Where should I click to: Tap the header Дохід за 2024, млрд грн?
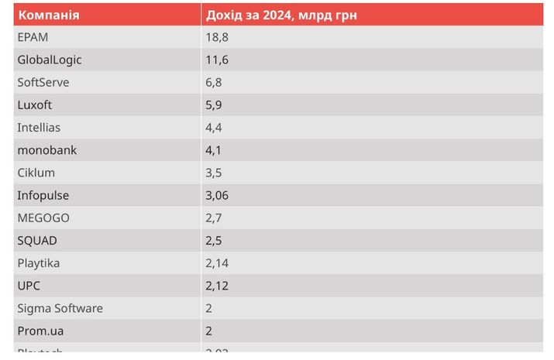tap(280, 15)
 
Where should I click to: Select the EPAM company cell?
tap(32, 37)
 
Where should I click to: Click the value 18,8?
tap(217, 37)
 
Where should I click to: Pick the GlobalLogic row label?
tap(50, 60)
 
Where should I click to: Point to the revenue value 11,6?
tap(217, 60)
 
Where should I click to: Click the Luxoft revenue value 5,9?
tap(214, 105)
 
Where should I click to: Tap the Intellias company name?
tap(39, 127)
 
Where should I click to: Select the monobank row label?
tap(46, 150)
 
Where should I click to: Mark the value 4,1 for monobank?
tap(214, 150)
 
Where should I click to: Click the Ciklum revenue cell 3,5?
tap(214, 173)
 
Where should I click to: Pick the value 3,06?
tap(217, 195)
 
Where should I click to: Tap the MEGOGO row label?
tap(43, 218)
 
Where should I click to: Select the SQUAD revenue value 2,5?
tap(214, 240)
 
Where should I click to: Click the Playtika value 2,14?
tap(217, 263)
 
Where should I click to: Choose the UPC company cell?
tap(29, 286)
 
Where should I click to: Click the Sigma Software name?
tap(60, 308)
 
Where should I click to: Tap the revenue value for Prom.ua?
tap(209, 331)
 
